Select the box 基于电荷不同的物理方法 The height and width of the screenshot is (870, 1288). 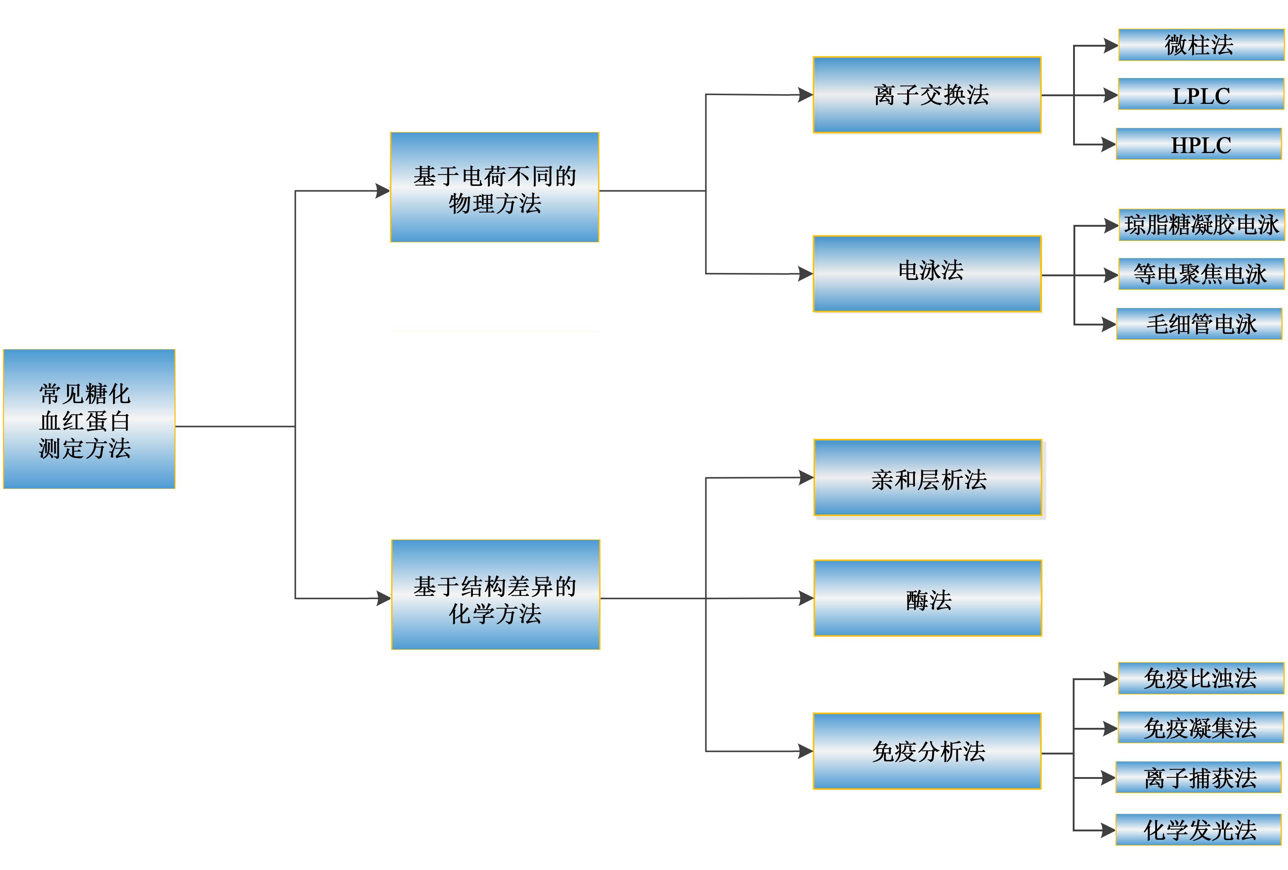pyautogui.click(x=494, y=187)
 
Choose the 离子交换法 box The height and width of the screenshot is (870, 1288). pyautogui.click(x=927, y=95)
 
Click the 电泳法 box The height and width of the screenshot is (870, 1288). pyautogui.click(x=927, y=274)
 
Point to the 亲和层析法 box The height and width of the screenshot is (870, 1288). pyautogui.click(x=927, y=477)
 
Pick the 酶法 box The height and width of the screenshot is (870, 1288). pyautogui.click(x=927, y=598)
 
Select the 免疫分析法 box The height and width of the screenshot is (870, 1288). pyautogui.click(x=927, y=751)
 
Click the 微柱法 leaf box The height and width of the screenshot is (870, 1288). pyautogui.click(x=1200, y=45)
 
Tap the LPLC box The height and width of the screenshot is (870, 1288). pyautogui.click(x=1200, y=94)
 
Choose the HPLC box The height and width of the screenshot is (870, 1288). pyautogui.click(x=1198, y=144)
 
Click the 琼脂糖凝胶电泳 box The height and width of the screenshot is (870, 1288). pyautogui.click(x=1201, y=225)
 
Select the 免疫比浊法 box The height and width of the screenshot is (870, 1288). pyautogui.click(x=1200, y=678)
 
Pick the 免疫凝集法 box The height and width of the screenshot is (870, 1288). pyautogui.click(x=1200, y=728)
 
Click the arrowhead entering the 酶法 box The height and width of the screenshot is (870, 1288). pyautogui.click(x=806, y=598)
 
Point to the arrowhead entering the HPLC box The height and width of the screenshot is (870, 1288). pyautogui.click(x=1108, y=145)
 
